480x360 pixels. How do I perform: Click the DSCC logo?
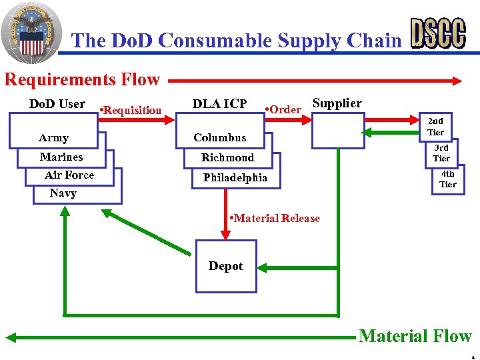pos(438,33)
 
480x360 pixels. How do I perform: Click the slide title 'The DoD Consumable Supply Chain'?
pos(237,41)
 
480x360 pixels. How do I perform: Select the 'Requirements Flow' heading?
pos(82,80)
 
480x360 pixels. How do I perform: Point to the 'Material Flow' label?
pos(415,336)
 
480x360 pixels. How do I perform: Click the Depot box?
pos(225,266)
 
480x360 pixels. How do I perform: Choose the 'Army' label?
pos(53,138)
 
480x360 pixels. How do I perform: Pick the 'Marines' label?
pos(61,157)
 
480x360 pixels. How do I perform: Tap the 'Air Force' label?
pos(69,175)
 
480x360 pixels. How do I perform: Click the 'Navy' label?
pos(63,193)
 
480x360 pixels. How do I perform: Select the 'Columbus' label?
pos(219,138)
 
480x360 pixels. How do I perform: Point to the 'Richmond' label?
pos(227,158)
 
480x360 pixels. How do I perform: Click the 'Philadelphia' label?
pos(235,178)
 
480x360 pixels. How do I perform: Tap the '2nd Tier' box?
pos(435,127)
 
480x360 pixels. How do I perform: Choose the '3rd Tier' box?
pos(441,153)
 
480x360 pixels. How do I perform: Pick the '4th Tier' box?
pos(447,179)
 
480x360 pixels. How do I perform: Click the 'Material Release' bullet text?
pos(274,218)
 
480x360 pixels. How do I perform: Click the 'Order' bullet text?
pos(283,109)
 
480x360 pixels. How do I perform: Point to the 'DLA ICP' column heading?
pos(219,104)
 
